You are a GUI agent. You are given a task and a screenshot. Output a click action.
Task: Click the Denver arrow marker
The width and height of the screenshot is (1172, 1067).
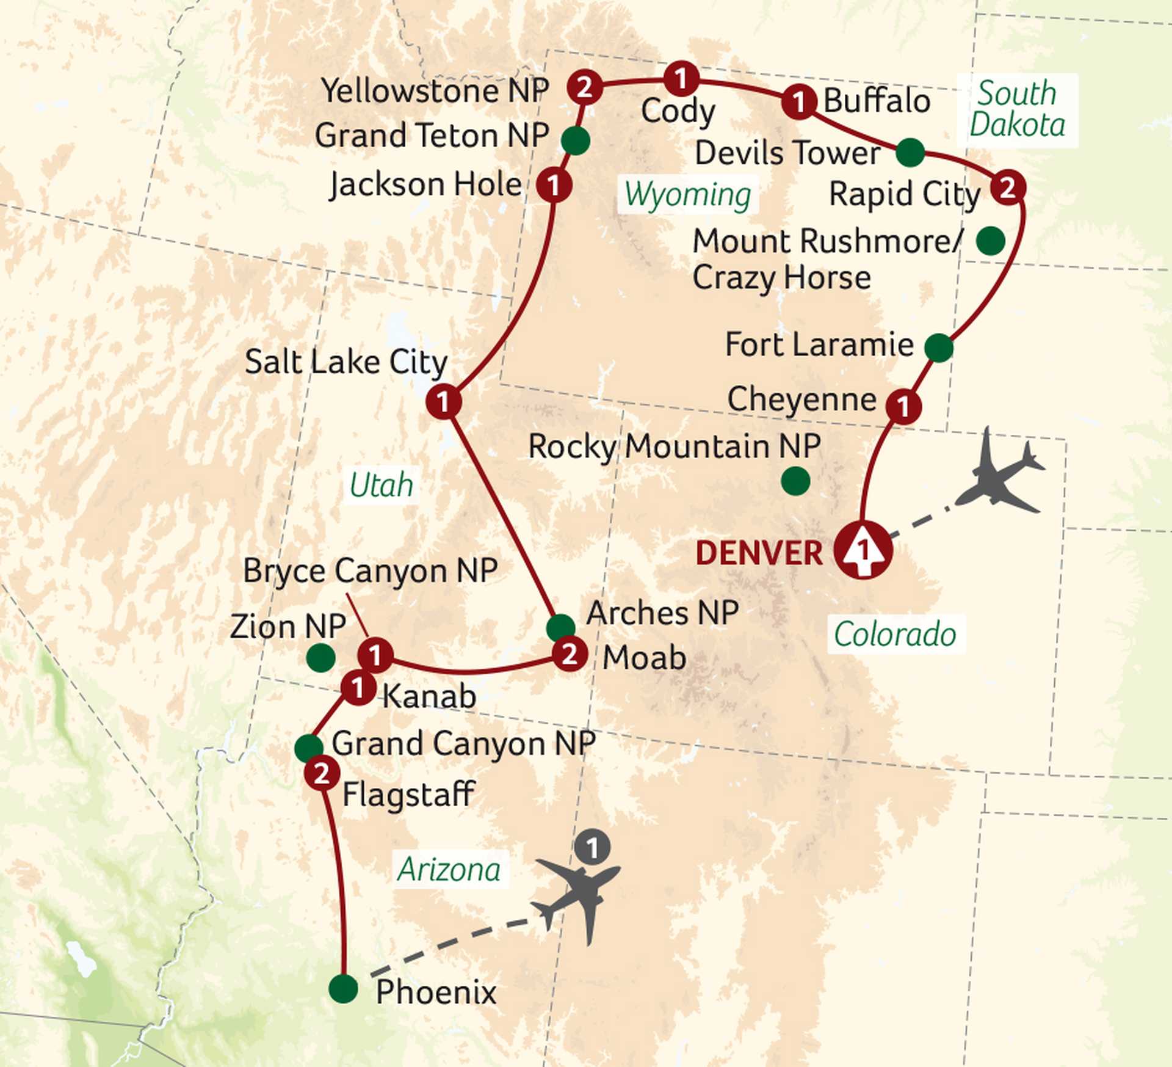point(863,550)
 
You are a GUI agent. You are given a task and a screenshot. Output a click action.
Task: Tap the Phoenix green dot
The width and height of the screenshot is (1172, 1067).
point(343,988)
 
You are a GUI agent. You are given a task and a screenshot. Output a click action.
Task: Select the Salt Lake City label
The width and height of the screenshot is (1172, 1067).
point(346,362)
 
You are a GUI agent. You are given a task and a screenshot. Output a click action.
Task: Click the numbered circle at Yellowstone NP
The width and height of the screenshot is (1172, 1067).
point(584,87)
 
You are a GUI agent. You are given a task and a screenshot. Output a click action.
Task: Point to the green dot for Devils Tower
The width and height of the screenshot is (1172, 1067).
point(910,152)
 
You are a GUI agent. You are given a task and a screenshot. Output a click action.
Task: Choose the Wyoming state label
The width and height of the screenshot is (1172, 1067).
point(687,195)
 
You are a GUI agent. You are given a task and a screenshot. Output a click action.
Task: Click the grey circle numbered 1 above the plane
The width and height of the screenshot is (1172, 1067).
point(591,847)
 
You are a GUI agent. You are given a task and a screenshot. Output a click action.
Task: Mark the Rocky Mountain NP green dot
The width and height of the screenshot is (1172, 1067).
point(795,481)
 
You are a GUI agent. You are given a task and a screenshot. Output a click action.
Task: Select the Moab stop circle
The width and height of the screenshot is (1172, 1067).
point(570,654)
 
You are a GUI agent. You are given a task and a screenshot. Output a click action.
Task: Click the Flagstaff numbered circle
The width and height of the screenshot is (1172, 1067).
point(322,773)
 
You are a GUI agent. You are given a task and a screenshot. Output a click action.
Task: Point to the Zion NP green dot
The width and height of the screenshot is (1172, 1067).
point(320,657)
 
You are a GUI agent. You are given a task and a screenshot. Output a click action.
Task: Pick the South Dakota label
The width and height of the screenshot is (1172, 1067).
point(1017,110)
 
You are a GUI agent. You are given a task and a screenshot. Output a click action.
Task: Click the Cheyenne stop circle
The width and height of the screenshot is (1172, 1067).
point(903,406)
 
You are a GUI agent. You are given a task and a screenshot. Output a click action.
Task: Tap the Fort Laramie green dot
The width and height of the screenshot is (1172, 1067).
point(938,348)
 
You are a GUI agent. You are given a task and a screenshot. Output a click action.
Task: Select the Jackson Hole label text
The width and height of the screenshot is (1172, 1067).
point(425,184)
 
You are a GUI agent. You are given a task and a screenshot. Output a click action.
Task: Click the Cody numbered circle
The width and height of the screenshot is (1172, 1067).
point(681,78)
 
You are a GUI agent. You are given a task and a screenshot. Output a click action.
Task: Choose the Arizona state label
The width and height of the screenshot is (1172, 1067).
point(449,869)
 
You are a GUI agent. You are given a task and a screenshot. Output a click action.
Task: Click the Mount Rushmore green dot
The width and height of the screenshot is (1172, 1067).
point(990,241)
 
